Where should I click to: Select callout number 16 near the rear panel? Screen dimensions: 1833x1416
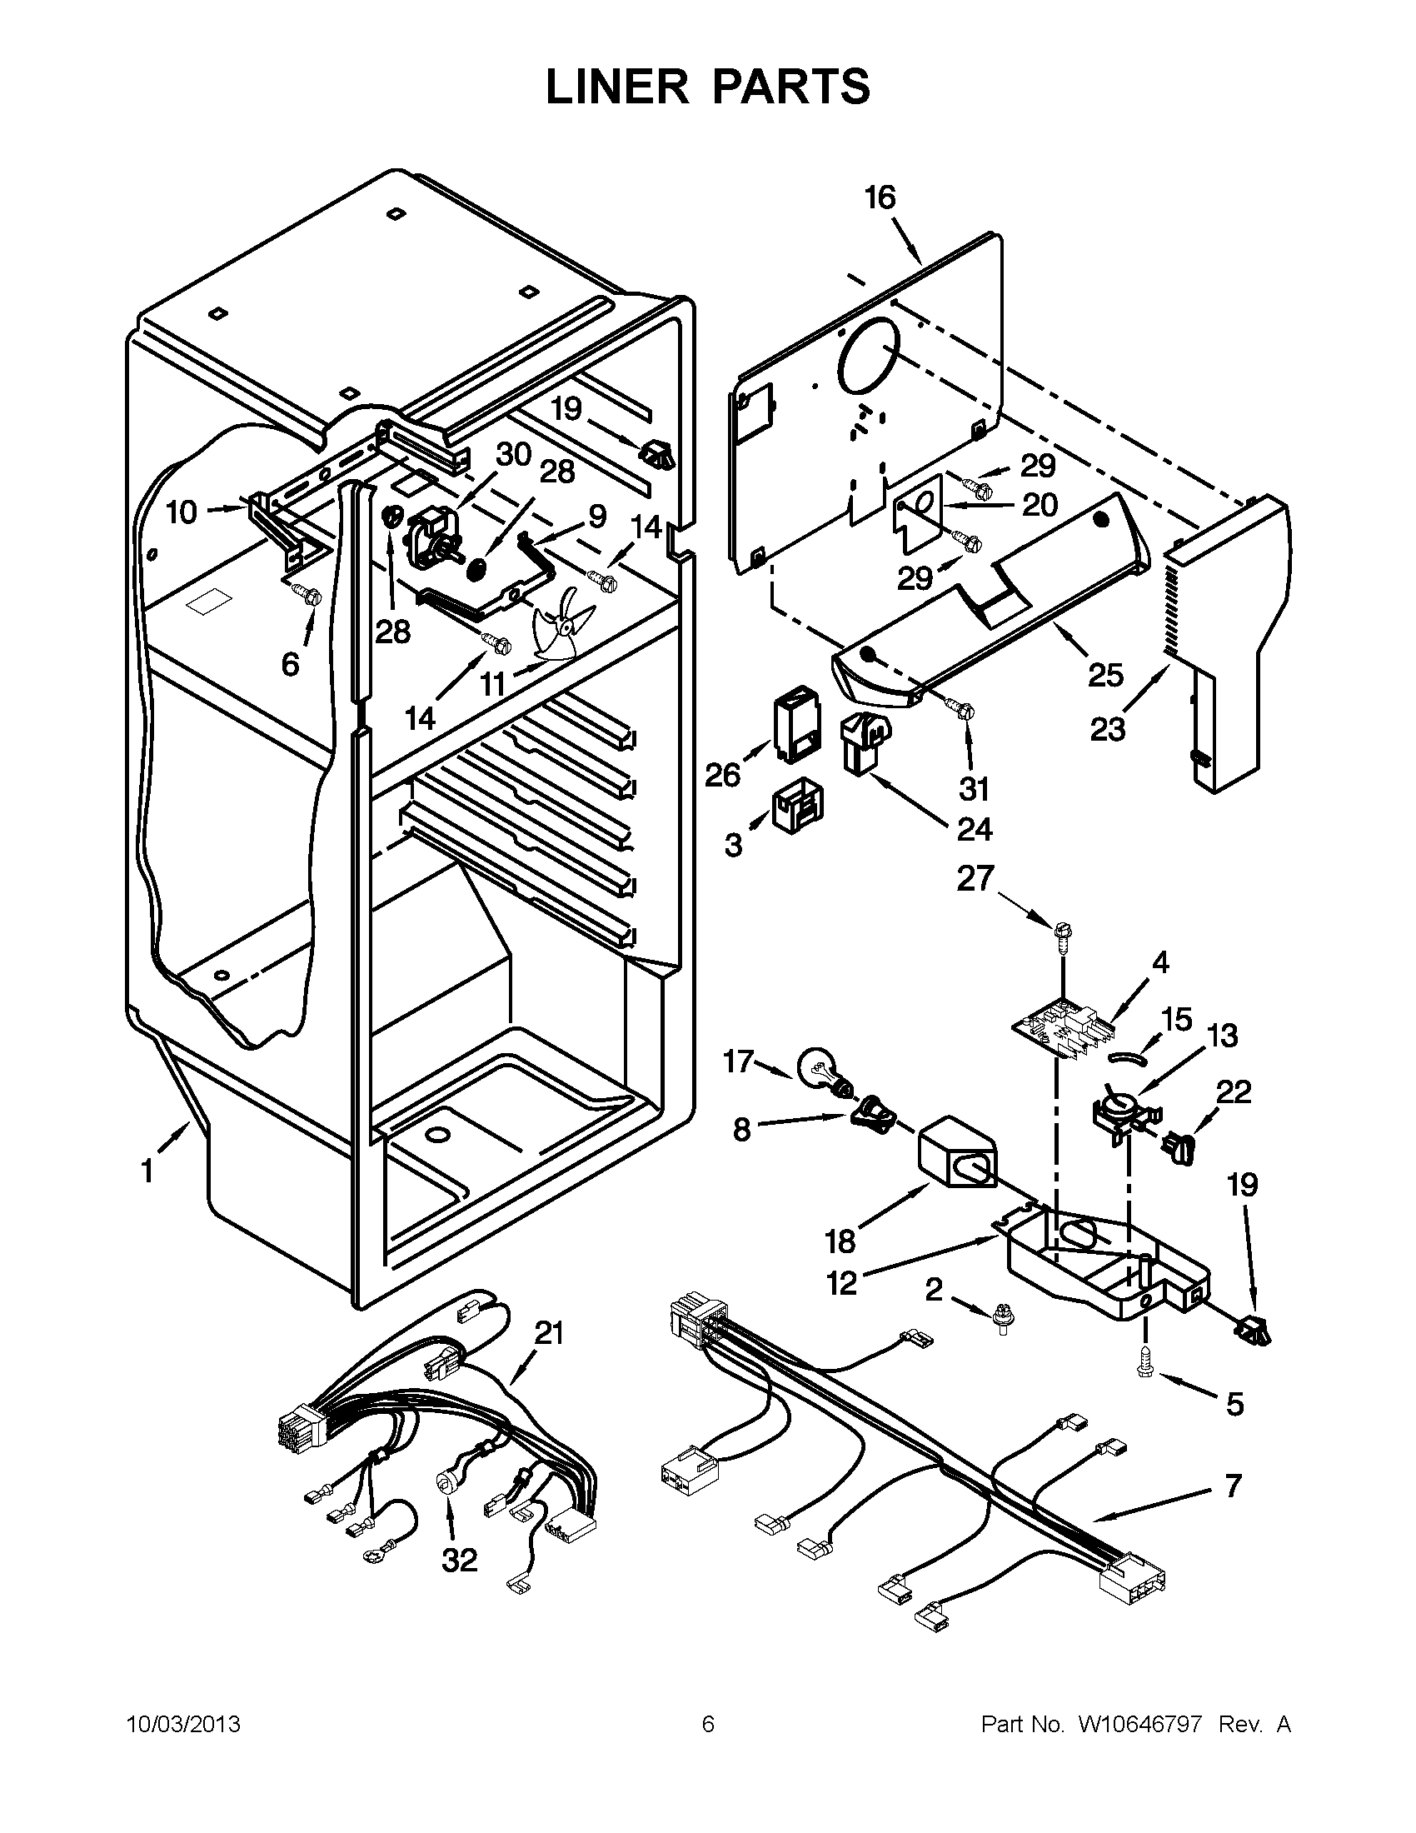tap(880, 198)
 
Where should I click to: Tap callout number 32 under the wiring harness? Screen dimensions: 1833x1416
tap(460, 1560)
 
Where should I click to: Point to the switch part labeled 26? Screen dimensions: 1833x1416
tap(795, 723)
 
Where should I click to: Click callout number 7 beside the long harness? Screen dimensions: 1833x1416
tap(1231, 1486)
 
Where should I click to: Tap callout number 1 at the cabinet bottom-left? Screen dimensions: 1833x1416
tap(147, 1171)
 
